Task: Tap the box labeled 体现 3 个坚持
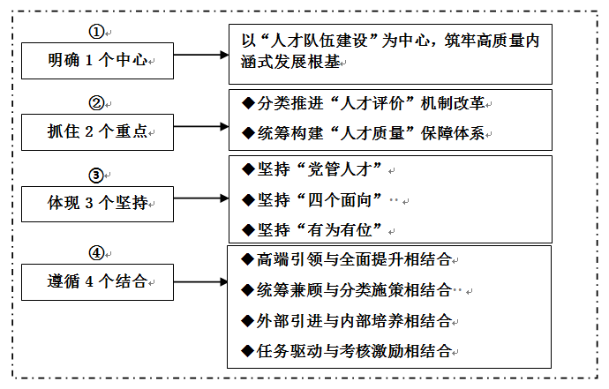pos(97,204)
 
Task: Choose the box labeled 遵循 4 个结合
pos(97,282)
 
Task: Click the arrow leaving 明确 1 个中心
pos(200,55)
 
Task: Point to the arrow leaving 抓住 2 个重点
pos(200,127)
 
